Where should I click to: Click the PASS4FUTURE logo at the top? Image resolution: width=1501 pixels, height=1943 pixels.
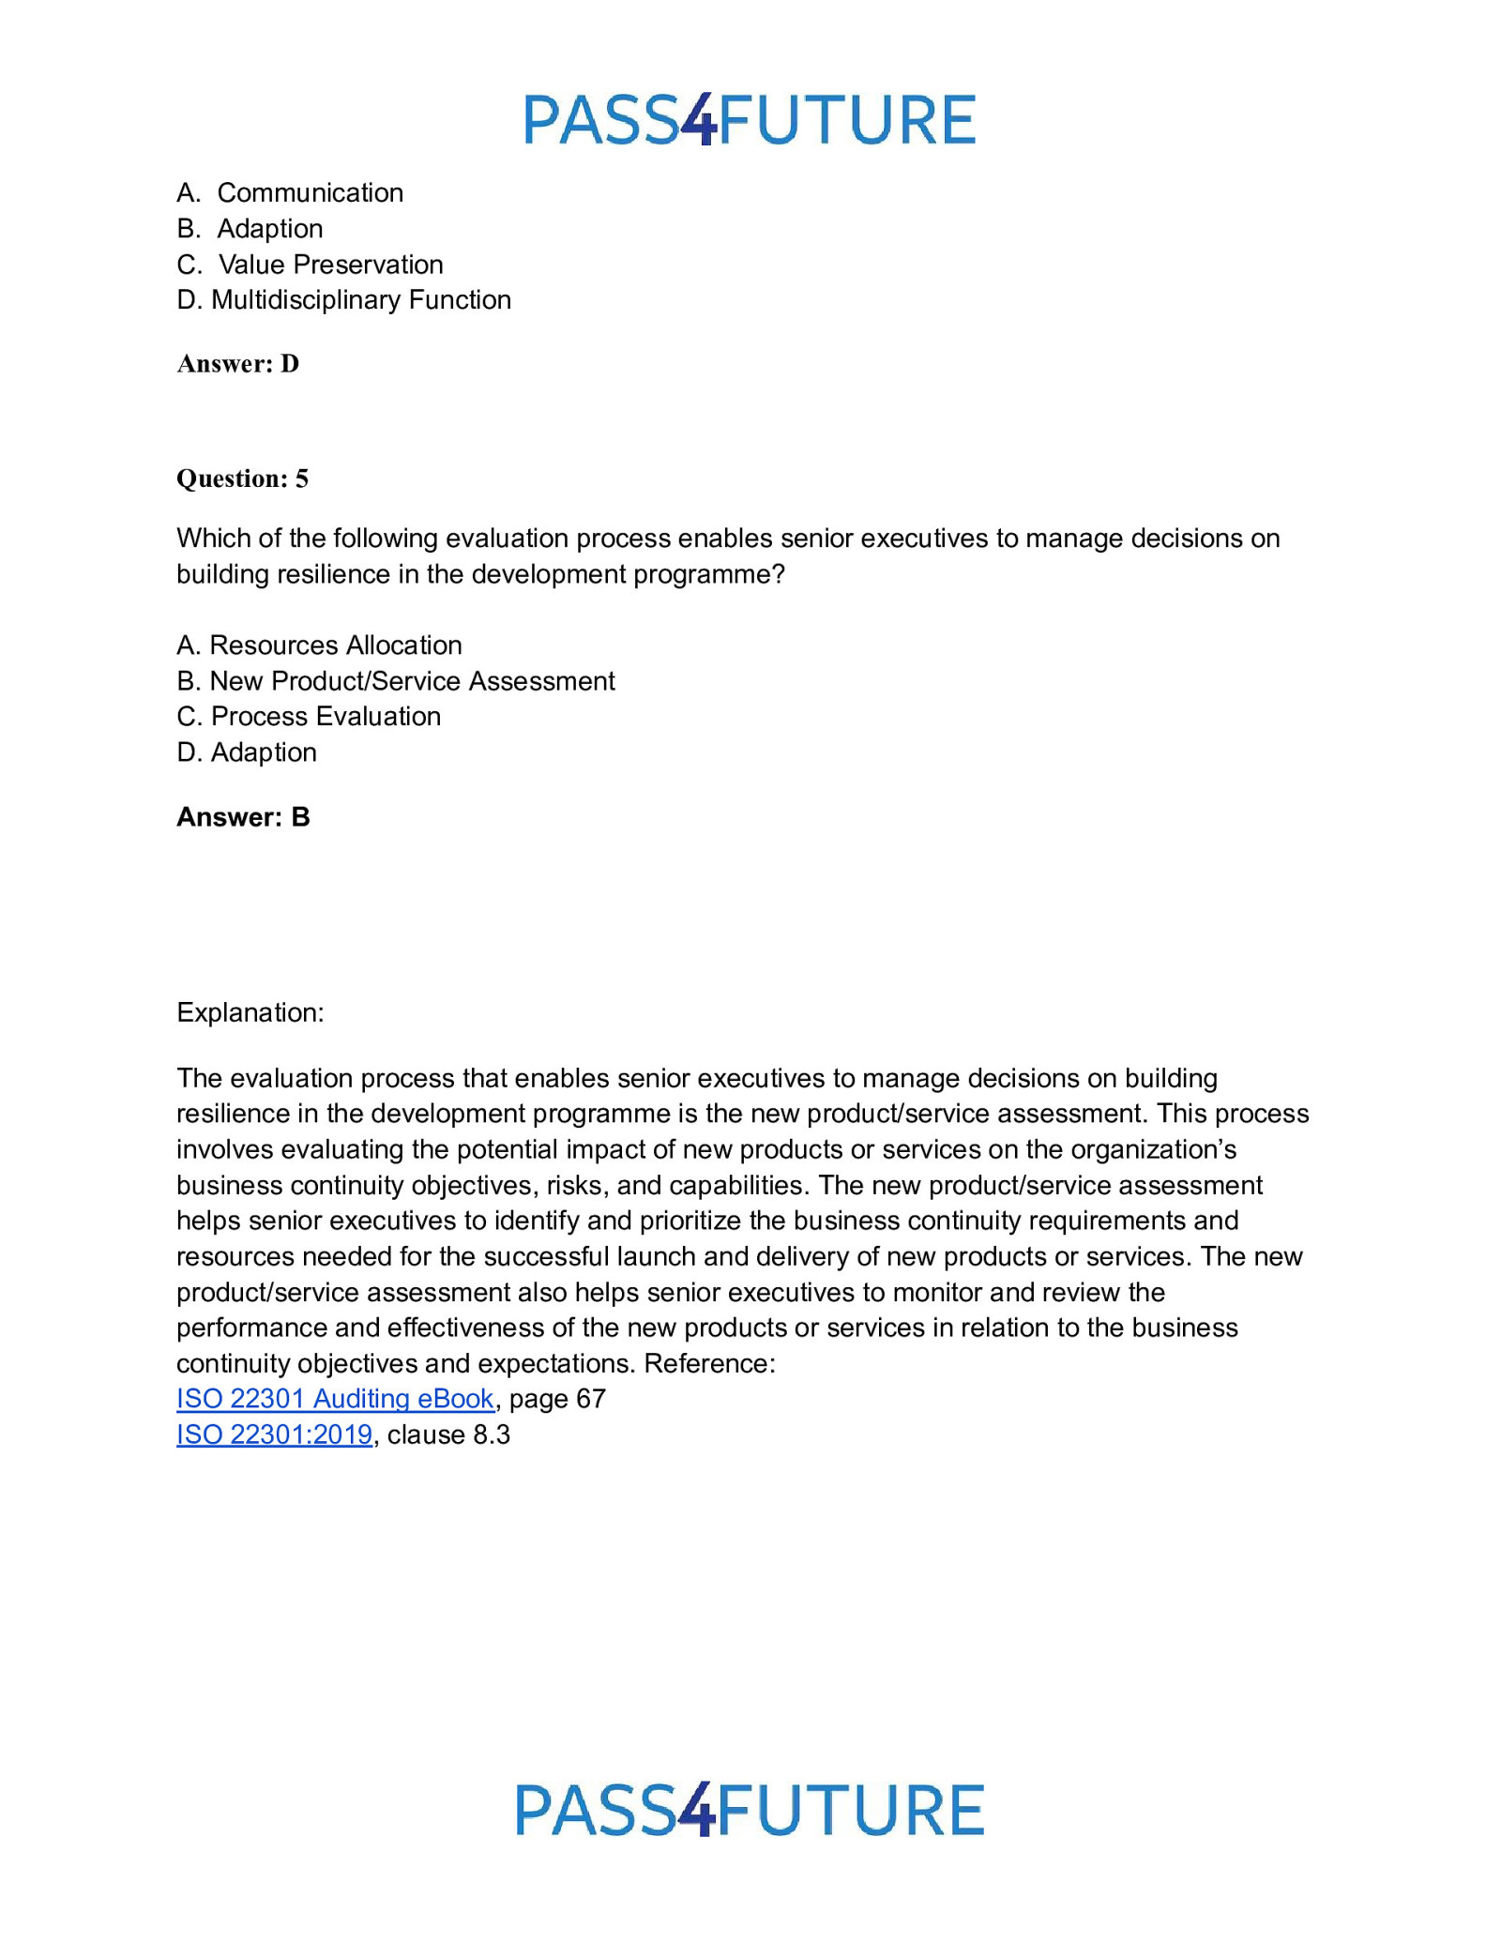coord(750,120)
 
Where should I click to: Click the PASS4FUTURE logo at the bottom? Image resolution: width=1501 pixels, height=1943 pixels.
coord(750,1810)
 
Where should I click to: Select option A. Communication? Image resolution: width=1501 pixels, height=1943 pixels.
coord(290,193)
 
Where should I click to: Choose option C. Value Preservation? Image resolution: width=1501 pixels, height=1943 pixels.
coord(310,265)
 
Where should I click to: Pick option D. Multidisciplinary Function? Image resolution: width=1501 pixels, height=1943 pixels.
coord(343,300)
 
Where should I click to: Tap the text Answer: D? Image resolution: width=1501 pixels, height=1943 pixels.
coord(238,364)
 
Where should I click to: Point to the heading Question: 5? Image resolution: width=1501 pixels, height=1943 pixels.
coord(242,478)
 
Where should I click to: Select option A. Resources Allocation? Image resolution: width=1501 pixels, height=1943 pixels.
coord(319,645)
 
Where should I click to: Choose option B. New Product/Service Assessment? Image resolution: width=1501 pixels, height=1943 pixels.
coord(395,681)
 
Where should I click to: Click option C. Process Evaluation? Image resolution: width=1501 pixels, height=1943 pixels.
coord(309,717)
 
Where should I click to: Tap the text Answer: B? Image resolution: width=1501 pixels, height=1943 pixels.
coord(243,817)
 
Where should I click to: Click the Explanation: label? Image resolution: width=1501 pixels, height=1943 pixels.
coord(250,1013)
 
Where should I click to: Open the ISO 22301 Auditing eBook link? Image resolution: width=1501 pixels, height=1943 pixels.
coord(335,1399)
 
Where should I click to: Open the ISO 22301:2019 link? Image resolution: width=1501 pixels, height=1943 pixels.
coord(274,1434)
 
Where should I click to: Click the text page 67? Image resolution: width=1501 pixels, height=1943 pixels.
coord(557,1399)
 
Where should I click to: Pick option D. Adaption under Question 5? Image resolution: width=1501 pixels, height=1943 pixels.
coord(246,752)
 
